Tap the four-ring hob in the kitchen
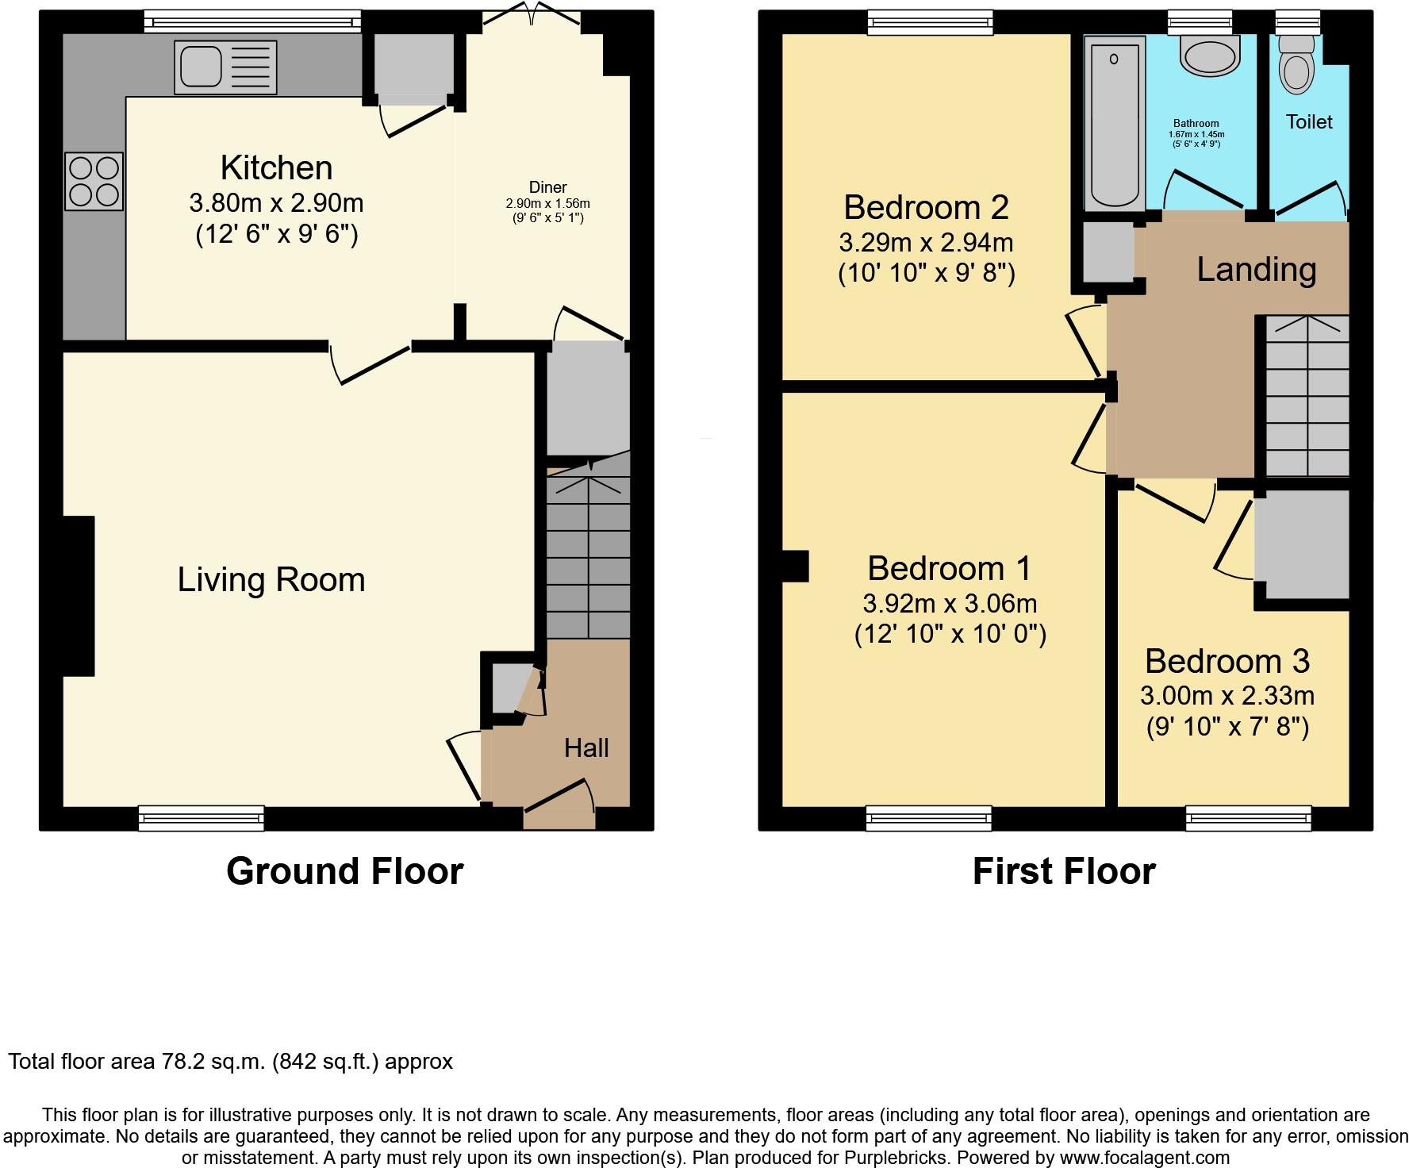(94, 181)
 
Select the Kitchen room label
(276, 168)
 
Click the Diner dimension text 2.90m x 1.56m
(547, 204)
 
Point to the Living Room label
(271, 579)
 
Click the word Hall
(586, 747)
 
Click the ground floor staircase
(588, 555)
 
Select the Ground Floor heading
(344, 871)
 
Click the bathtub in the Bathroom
(1114, 125)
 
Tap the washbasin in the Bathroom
(1209, 56)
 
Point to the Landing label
(1256, 270)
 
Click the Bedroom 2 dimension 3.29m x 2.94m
(926, 242)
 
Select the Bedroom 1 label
(949, 568)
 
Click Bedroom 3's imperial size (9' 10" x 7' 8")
(1227, 727)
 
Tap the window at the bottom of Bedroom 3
(1248, 817)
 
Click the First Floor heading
(1063, 871)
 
